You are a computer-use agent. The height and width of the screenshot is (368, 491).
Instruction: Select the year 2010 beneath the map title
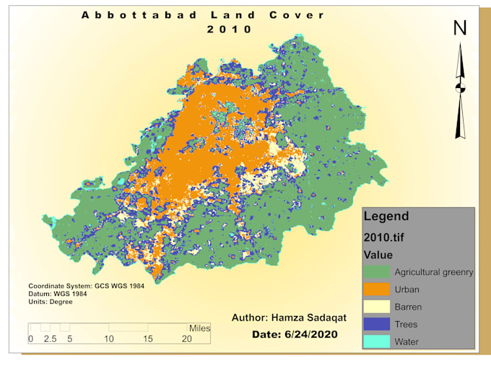(230, 30)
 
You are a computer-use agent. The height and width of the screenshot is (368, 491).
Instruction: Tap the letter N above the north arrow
(460, 28)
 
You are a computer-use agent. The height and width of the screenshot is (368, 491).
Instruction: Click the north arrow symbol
(460, 90)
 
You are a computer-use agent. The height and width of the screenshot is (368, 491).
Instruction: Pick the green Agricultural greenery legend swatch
(375, 272)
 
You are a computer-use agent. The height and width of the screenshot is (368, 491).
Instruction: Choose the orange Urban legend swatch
(375, 289)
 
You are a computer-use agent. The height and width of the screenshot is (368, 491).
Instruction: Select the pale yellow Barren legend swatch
(375, 307)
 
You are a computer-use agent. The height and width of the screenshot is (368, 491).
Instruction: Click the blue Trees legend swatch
(375, 324)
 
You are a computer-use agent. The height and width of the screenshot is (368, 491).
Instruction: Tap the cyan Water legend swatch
(375, 341)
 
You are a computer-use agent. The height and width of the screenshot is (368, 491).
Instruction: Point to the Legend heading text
(386, 216)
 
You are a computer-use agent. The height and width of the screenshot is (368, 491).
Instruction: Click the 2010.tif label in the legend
(387, 236)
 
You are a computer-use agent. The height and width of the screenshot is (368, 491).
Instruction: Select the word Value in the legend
(378, 255)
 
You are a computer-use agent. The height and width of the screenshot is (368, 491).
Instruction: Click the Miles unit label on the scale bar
(199, 328)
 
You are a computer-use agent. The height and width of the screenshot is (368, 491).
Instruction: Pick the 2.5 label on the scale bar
(50, 338)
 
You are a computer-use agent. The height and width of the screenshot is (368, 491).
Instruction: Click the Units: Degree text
(50, 302)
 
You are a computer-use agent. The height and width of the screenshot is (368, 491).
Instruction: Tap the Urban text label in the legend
(407, 289)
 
